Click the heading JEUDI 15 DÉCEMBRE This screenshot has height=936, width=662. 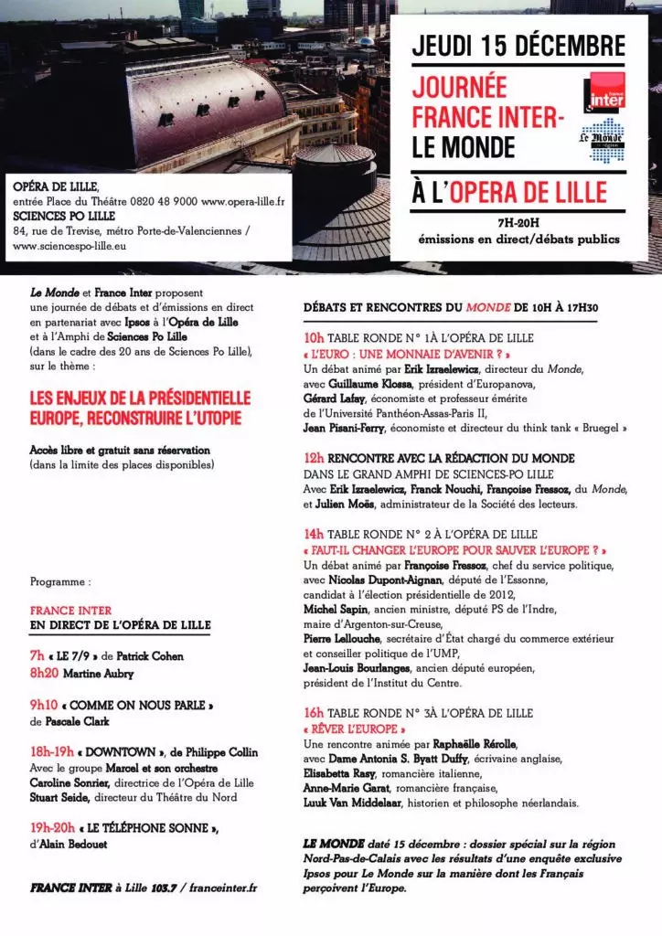click(x=518, y=47)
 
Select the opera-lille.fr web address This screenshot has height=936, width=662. click(x=242, y=200)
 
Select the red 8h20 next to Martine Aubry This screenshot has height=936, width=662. click(x=43, y=674)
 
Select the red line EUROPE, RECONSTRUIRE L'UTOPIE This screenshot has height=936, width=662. click(x=136, y=418)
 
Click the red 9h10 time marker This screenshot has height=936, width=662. click(x=43, y=706)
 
